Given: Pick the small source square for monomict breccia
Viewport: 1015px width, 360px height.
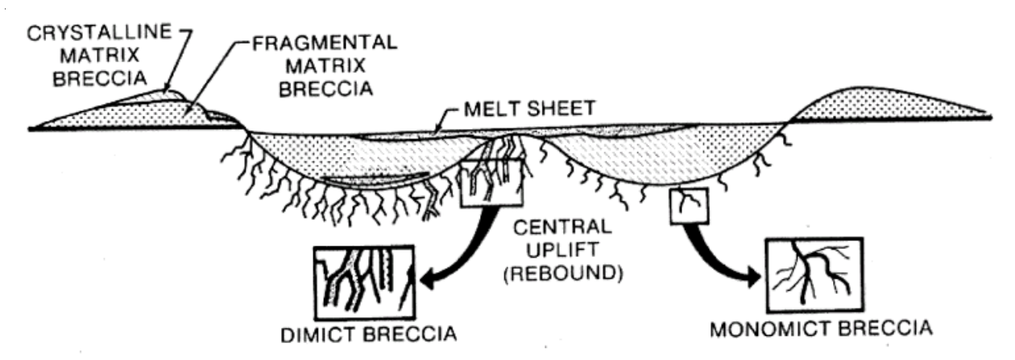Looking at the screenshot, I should coord(688,208).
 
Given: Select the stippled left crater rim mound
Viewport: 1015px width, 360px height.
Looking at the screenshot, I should coord(129,113).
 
